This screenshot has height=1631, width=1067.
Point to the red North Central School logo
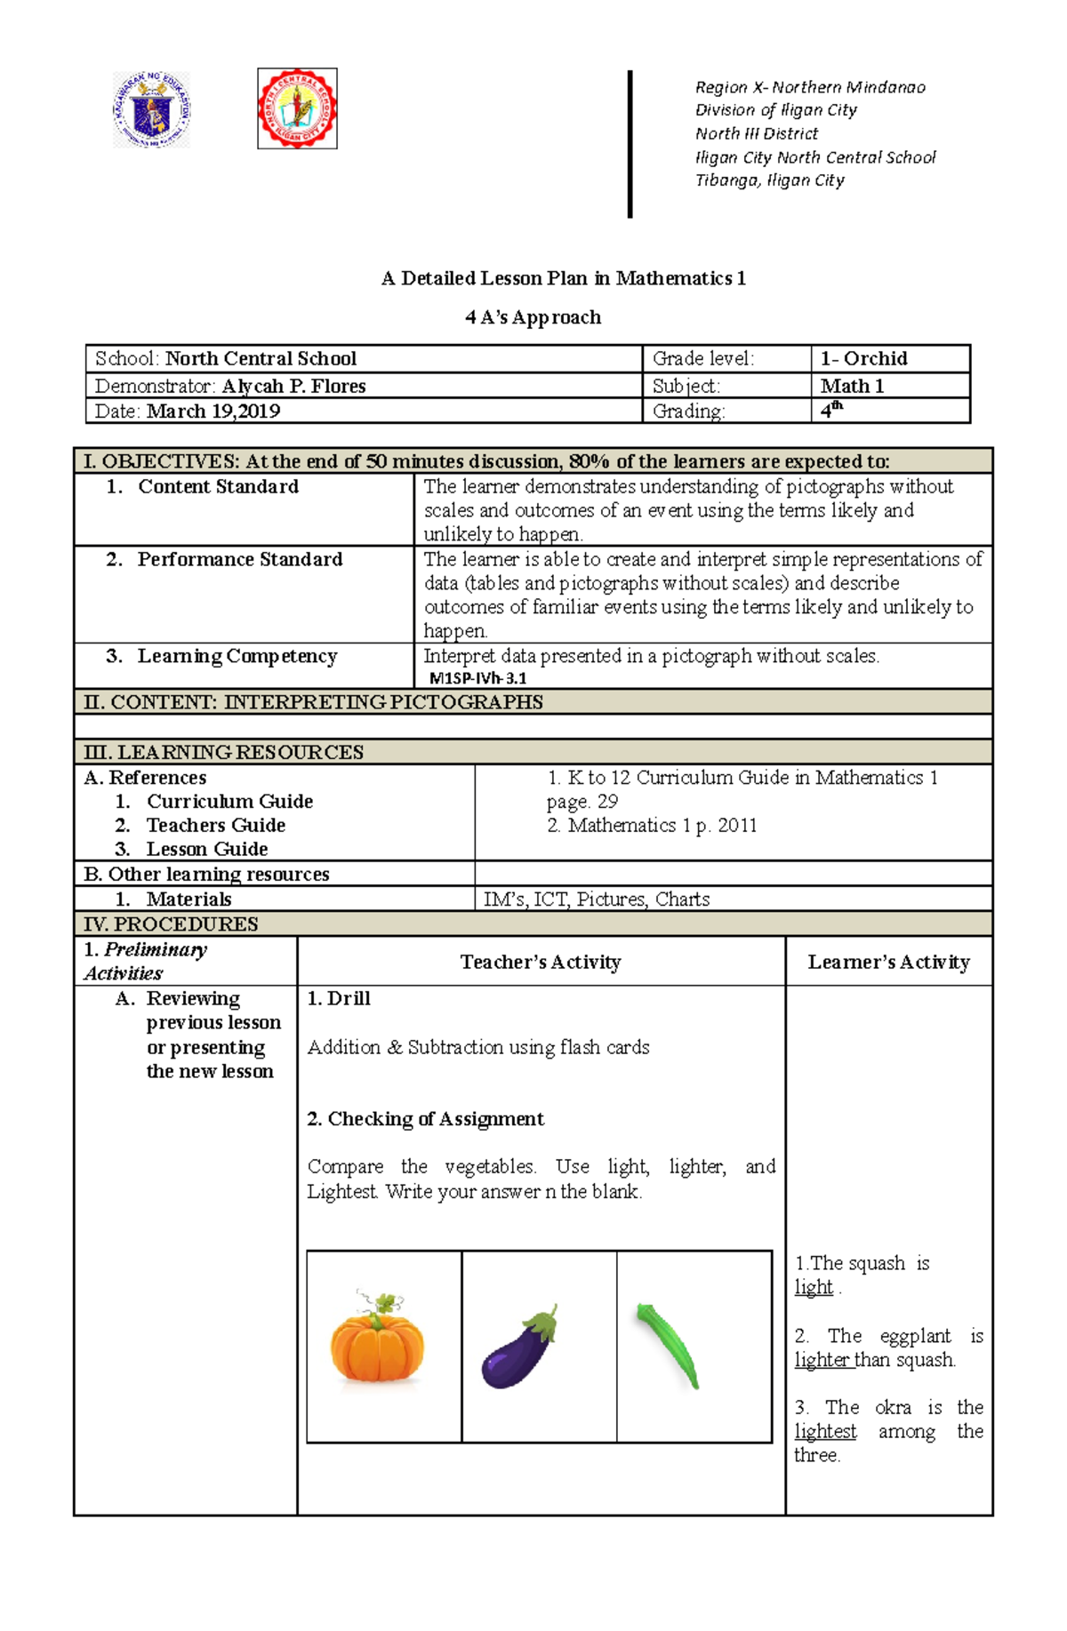[x=297, y=108]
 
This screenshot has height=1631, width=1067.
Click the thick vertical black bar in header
[x=630, y=144]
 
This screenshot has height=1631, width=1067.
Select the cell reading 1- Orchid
[x=863, y=358]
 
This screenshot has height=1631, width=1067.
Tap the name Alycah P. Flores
[x=293, y=386]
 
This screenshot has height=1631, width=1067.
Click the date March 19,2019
[x=213, y=411]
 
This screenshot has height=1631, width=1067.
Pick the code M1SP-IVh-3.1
[x=477, y=678]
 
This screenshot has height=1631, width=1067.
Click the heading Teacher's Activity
[x=540, y=962]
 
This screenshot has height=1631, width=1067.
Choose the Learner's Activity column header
[x=888, y=962]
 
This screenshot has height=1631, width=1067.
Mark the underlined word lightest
[x=825, y=1431]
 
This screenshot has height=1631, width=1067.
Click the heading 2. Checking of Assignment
[x=425, y=1118]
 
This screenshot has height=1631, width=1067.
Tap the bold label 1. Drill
[x=338, y=998]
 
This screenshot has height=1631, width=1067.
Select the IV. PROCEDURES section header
[x=171, y=923]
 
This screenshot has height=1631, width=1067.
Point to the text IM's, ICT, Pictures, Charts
[x=596, y=899]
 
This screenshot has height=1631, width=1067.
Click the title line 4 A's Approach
[x=533, y=317]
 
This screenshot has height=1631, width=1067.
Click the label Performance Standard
[x=239, y=559]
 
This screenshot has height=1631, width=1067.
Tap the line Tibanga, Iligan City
[x=769, y=180]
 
